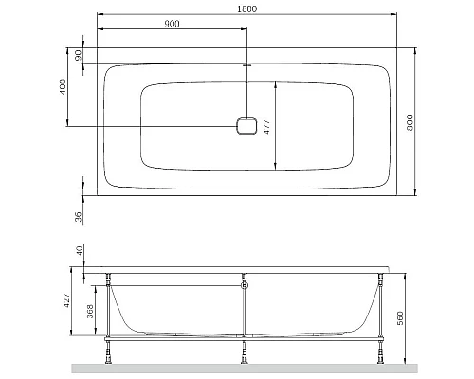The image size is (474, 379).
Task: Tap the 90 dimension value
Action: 77,55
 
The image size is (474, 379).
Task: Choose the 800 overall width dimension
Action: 410,120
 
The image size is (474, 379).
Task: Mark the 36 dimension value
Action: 78,217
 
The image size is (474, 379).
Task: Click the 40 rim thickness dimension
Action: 77,252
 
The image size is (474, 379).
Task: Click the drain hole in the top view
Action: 246,127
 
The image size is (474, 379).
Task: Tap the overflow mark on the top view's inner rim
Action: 246,65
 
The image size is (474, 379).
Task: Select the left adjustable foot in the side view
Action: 110,355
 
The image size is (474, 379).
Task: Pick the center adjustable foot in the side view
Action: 246,355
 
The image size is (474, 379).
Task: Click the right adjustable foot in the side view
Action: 380,355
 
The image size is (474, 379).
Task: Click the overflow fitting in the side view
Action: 246,282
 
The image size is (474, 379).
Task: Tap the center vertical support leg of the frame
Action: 246,313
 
